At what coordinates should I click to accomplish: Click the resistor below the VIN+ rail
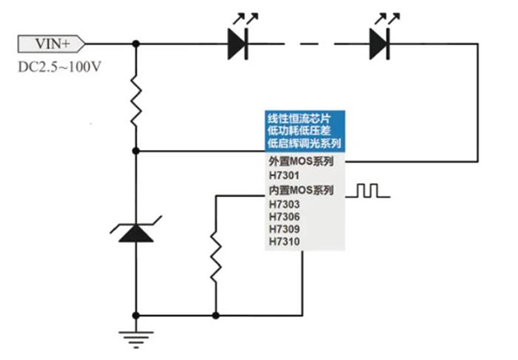click(x=136, y=98)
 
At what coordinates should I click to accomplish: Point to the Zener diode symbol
click(x=136, y=231)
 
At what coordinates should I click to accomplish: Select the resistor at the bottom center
click(x=215, y=257)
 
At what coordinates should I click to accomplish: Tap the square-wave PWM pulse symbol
click(x=369, y=189)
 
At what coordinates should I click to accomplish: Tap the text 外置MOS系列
click(x=301, y=162)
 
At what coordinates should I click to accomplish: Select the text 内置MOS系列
click(x=301, y=190)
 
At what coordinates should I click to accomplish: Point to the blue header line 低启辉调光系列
click(x=303, y=143)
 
